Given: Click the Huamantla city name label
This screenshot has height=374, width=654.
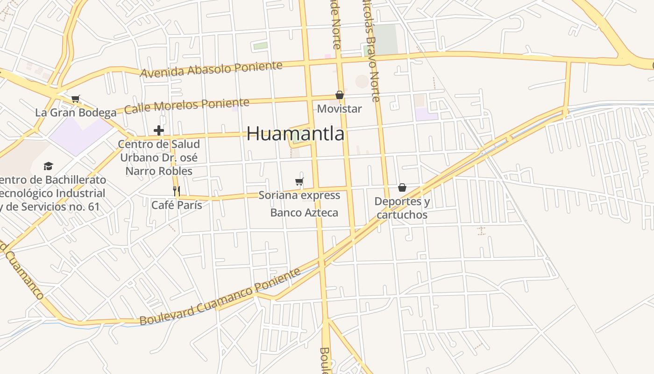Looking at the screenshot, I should (x=295, y=134).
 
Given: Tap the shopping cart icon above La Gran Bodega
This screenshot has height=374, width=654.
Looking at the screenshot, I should (x=76, y=99).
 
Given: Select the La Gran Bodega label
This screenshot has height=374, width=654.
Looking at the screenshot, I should (x=76, y=113).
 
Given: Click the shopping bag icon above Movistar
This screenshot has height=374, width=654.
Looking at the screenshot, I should (x=340, y=95).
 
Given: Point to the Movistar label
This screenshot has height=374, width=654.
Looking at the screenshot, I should (x=340, y=109).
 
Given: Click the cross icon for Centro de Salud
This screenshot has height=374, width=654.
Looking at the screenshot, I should (x=159, y=130).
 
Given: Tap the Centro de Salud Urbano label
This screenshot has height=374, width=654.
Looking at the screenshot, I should (x=159, y=158).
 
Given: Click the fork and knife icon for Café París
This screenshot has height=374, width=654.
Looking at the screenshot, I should (x=177, y=191).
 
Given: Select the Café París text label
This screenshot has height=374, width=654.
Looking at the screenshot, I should (x=177, y=205).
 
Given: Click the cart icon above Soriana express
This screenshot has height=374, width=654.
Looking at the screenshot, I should (x=299, y=181).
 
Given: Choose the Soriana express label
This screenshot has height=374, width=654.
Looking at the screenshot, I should (x=299, y=195).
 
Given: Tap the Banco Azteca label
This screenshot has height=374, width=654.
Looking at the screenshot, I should (x=304, y=213).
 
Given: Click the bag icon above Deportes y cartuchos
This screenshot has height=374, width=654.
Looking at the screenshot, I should (x=402, y=187).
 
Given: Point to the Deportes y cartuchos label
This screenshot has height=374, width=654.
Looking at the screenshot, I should (x=402, y=208).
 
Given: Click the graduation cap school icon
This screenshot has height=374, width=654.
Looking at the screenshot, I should (x=48, y=166).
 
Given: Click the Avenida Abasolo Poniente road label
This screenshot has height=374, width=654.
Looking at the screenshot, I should (x=211, y=70).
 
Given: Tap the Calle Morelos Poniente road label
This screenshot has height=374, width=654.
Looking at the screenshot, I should (x=187, y=106).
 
